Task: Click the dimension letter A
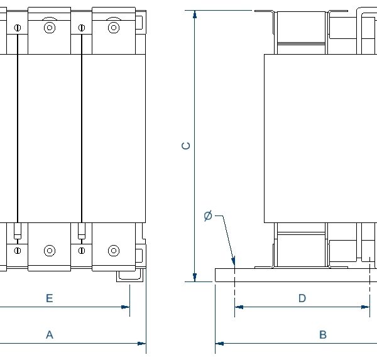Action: (50, 334)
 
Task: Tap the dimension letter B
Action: (323, 334)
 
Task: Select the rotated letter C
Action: (185, 146)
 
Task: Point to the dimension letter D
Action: (302, 298)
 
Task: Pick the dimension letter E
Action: (50, 298)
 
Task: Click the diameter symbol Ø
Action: (208, 215)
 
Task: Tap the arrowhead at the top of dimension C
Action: (195, 14)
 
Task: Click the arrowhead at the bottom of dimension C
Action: (195, 277)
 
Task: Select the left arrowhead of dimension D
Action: (239, 307)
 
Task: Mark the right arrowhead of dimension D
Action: (366, 307)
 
